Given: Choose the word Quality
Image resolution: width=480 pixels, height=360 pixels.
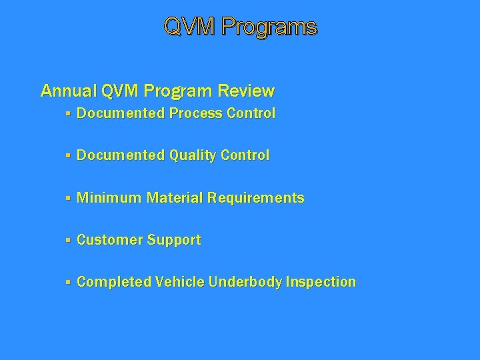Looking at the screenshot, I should (193, 156).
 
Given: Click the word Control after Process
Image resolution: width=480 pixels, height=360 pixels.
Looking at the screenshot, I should (251, 113).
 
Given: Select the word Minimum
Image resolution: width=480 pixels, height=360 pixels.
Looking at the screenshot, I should (109, 198).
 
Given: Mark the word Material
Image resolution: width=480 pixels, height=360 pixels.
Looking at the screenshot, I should (175, 198).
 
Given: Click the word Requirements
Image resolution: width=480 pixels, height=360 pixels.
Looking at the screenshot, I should (256, 198).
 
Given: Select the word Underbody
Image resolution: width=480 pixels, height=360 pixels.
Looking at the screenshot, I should (245, 282).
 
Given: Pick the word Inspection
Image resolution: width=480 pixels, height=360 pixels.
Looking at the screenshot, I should (321, 282).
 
